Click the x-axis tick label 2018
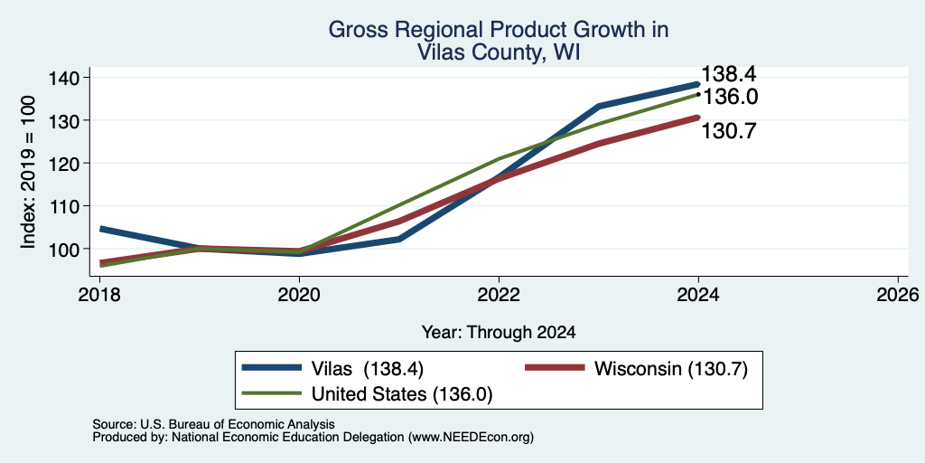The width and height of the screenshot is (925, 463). pyautogui.click(x=99, y=294)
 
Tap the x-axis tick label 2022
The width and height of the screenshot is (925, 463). pyautogui.click(x=499, y=294)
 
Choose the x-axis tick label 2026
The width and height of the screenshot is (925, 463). pyautogui.click(x=898, y=294)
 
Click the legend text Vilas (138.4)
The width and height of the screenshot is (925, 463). pyautogui.click(x=368, y=369)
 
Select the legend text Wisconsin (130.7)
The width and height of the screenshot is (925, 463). pyautogui.click(x=671, y=369)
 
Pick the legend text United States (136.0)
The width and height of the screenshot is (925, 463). pyautogui.click(x=402, y=394)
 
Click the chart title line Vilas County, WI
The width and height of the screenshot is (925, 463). pyautogui.click(x=499, y=52)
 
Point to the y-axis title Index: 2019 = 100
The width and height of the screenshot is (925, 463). pyautogui.click(x=29, y=172)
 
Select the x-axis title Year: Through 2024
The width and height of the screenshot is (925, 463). pyautogui.click(x=499, y=333)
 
